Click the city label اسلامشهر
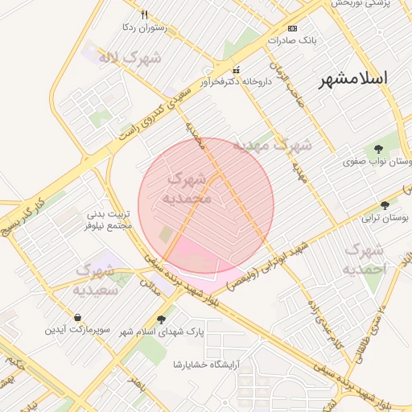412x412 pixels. [353, 79]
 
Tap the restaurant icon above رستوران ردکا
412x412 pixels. [145, 15]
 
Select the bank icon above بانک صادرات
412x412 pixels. [292, 28]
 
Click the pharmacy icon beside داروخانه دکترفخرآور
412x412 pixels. [237, 69]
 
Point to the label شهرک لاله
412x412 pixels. [130, 58]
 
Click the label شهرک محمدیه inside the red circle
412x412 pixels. [187, 187]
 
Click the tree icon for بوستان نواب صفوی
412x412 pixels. [378, 149]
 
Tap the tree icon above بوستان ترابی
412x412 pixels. [385, 205]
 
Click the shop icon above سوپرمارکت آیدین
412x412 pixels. [76, 316]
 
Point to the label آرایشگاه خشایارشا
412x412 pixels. [207, 365]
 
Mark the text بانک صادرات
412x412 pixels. [292, 39]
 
